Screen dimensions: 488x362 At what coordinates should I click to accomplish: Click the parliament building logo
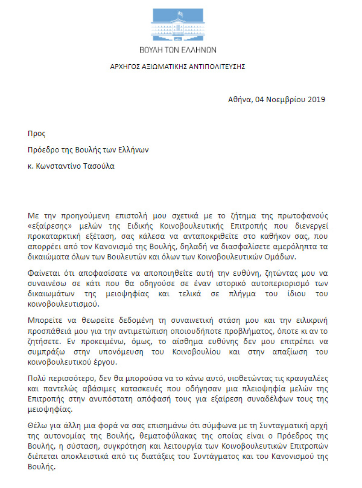(x=178, y=25)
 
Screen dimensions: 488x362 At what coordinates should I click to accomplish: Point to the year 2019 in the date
(x=316, y=99)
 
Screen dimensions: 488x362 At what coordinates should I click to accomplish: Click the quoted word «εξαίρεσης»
(x=44, y=226)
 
